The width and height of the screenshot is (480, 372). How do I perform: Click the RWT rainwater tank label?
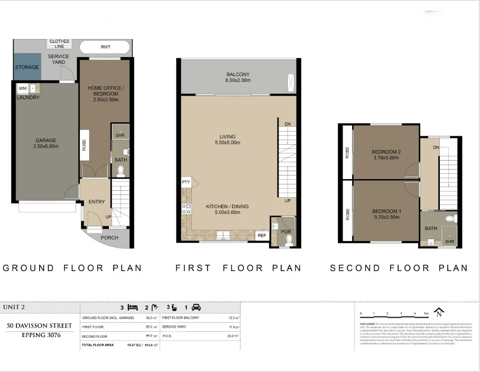pyautogui.click(x=106, y=47)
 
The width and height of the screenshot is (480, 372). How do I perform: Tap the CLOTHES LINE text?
pyautogui.click(x=59, y=44)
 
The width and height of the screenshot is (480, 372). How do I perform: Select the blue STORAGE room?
pyautogui.click(x=26, y=67)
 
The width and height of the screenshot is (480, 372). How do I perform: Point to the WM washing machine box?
pyautogui.click(x=23, y=88)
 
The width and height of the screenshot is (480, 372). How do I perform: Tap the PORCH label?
pyautogui.click(x=109, y=237)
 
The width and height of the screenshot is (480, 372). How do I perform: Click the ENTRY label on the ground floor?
pyautogui.click(x=97, y=202)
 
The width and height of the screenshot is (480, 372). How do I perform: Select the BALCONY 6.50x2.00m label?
pyautogui.click(x=238, y=77)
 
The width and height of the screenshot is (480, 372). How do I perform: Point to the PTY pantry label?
pyautogui.click(x=186, y=182)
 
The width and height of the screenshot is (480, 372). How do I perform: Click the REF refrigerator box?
pyautogui.click(x=262, y=236)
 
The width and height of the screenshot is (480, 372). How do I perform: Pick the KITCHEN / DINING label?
pyautogui.click(x=227, y=209)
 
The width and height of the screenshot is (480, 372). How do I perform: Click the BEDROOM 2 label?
pyautogui.click(x=386, y=155)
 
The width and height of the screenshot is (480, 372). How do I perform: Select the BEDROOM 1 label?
pyautogui.click(x=386, y=214)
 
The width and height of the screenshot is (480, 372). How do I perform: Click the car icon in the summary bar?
pyautogui.click(x=196, y=306)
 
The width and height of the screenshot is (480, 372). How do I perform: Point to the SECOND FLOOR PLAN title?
pyautogui.click(x=399, y=268)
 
